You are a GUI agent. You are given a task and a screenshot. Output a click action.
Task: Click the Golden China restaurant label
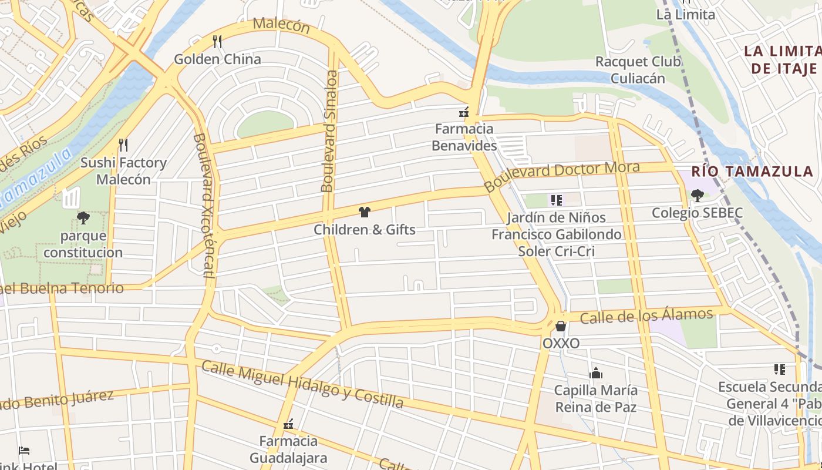(x=217, y=59)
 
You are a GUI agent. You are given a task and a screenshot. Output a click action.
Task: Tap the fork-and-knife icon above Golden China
(x=217, y=41)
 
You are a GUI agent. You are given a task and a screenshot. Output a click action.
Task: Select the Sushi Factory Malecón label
(x=123, y=171)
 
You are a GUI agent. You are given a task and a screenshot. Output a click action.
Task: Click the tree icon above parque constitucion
(x=83, y=218)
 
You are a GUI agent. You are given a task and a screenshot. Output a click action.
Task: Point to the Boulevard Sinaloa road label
(x=329, y=132)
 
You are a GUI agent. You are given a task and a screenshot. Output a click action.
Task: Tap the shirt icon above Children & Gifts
(x=364, y=212)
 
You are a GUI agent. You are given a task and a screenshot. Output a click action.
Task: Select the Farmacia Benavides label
(x=464, y=137)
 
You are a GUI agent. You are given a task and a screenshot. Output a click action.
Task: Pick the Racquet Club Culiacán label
(x=638, y=70)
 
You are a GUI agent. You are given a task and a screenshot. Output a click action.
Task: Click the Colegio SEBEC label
(x=697, y=213)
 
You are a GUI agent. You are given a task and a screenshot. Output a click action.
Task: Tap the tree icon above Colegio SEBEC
(x=697, y=196)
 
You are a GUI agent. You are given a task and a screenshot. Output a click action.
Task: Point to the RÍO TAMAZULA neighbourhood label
(x=752, y=172)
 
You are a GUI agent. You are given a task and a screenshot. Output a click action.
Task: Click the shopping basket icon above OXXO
(x=561, y=326)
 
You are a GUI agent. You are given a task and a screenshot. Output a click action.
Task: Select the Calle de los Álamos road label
(x=646, y=316)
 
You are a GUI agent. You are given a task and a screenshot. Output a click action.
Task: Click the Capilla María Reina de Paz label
(x=595, y=398)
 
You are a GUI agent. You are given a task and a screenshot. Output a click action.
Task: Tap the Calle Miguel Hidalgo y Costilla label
(x=302, y=384)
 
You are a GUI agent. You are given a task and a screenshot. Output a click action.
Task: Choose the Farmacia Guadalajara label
(x=288, y=449)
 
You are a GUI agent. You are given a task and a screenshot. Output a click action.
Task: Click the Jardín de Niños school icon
(x=556, y=200)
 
